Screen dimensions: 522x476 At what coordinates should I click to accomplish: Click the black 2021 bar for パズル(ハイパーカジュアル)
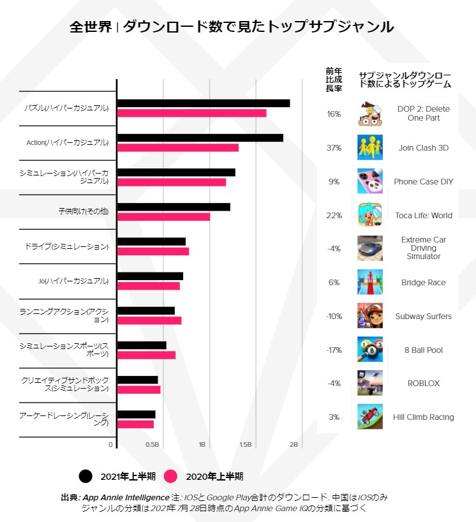click(x=204, y=103)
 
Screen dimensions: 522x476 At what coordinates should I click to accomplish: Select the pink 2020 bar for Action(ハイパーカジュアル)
click(x=178, y=148)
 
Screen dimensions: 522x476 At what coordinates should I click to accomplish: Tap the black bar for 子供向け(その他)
click(x=174, y=207)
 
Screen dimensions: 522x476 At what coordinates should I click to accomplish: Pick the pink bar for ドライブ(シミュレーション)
click(x=153, y=251)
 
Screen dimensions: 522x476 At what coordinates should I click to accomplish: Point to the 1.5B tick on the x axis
click(x=245, y=444)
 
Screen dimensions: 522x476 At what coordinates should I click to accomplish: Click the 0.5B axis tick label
click(x=152, y=444)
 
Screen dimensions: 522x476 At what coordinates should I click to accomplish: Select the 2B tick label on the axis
click(x=294, y=444)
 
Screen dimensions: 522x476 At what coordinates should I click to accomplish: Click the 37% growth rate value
click(x=334, y=148)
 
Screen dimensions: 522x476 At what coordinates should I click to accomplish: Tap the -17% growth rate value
click(x=334, y=350)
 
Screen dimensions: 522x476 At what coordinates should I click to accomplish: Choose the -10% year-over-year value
click(x=334, y=317)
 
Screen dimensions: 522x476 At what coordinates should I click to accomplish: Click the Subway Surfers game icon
click(x=370, y=316)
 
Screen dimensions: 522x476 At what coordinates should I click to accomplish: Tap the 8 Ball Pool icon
click(x=370, y=350)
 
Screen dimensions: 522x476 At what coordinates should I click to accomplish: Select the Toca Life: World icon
click(x=370, y=215)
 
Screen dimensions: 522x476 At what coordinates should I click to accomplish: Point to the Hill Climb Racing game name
click(x=424, y=417)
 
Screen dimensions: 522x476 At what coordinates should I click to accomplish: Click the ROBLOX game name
click(x=424, y=384)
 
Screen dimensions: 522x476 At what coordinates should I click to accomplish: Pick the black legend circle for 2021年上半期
click(x=86, y=476)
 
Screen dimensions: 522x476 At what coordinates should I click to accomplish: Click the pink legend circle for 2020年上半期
click(x=170, y=476)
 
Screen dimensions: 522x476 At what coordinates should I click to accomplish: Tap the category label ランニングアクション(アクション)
click(x=64, y=315)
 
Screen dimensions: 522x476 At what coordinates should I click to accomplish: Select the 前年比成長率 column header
click(x=334, y=80)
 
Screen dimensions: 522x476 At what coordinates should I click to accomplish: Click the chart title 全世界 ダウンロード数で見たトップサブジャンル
click(x=231, y=27)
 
